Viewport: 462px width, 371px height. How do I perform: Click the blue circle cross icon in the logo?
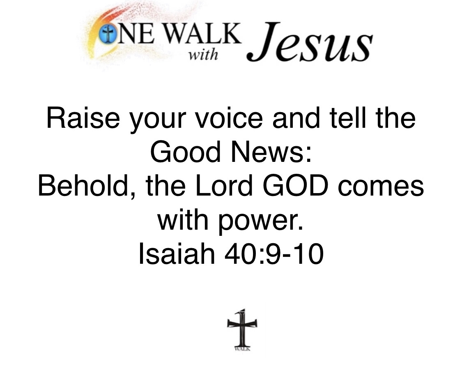[107, 34]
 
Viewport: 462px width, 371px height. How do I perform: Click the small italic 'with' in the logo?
[203, 55]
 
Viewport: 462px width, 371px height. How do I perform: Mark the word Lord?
[224, 186]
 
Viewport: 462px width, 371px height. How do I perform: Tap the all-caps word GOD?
[295, 186]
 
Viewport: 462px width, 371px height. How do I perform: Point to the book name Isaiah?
[177, 254]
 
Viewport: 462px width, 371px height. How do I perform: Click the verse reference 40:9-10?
[274, 254]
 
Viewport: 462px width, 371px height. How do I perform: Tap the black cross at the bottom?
[242, 328]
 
